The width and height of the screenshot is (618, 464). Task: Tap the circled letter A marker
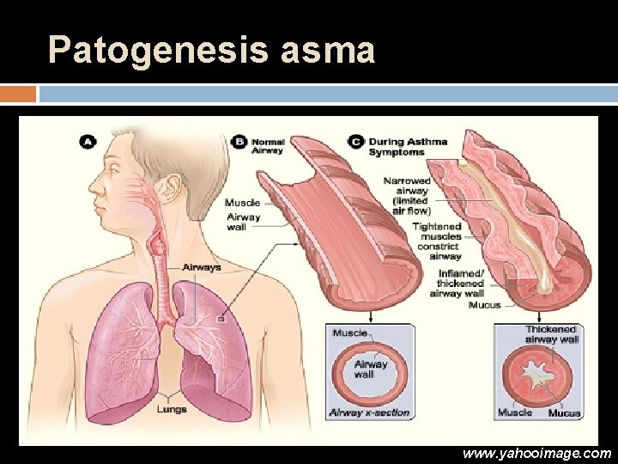pos(88,141)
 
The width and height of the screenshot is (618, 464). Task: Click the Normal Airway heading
pos(267,145)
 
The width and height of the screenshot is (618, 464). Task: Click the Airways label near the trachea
pos(201,267)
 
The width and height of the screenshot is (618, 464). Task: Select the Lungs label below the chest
pos(171,409)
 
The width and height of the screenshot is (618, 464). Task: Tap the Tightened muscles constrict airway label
pos(437,241)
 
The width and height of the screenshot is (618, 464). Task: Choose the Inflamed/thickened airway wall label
pos(460,283)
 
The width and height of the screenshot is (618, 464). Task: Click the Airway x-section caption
pos(370,412)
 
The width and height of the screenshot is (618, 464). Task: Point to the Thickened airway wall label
pos(552,334)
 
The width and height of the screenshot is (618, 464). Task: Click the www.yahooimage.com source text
pos(536,453)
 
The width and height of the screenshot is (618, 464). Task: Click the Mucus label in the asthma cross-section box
pos(565,413)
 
